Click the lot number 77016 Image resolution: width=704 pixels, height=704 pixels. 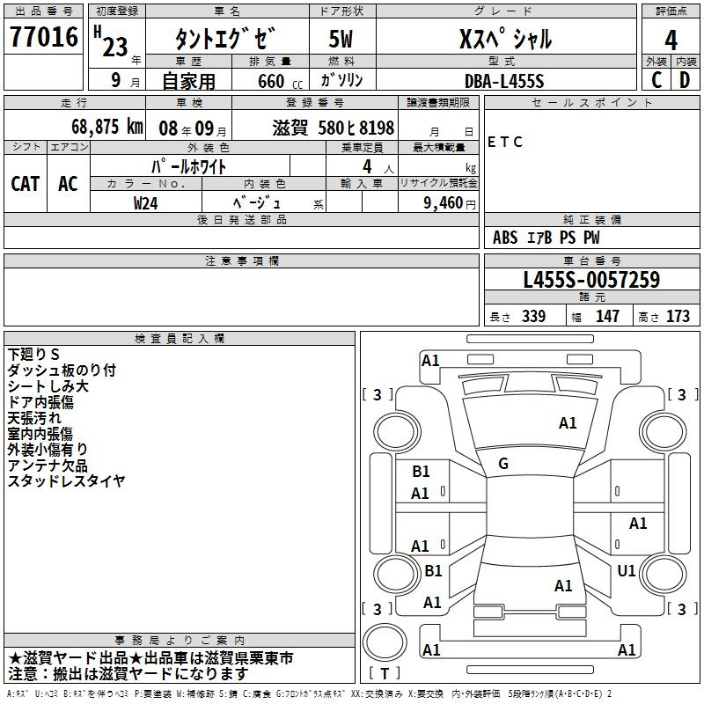click(x=44, y=36)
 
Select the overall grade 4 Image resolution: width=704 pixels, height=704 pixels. click(x=671, y=40)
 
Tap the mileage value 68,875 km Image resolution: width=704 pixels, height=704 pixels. click(x=107, y=127)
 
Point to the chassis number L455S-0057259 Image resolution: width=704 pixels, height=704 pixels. click(x=591, y=280)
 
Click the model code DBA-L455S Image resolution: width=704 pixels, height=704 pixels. click(x=504, y=81)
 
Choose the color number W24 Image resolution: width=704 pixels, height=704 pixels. click(x=145, y=203)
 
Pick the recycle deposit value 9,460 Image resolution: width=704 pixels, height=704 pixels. click(x=444, y=203)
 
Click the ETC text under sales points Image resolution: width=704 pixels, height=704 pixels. click(x=505, y=142)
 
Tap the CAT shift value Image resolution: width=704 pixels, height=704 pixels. click(x=26, y=184)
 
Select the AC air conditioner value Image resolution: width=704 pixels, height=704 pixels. click(x=68, y=184)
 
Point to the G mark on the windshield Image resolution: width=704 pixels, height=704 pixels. click(x=503, y=464)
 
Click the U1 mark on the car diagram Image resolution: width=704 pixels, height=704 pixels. click(x=627, y=570)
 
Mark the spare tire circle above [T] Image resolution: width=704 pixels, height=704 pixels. click(x=385, y=642)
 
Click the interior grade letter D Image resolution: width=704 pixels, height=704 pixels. click(x=685, y=80)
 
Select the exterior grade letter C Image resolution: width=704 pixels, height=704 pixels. click(x=656, y=80)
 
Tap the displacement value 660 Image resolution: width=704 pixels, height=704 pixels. click(x=271, y=81)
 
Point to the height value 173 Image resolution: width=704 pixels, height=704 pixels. click(x=678, y=316)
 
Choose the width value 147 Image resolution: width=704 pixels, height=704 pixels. click(x=607, y=316)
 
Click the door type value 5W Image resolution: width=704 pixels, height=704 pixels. click(x=341, y=39)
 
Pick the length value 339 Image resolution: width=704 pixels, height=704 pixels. click(x=534, y=316)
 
